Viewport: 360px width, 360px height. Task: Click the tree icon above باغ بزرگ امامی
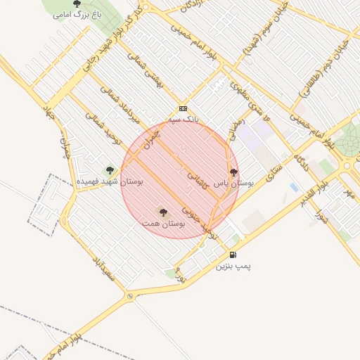pyautogui.click(x=77, y=4)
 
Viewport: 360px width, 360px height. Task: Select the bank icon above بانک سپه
pyautogui.click(x=184, y=109)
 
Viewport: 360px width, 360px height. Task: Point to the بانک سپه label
pyautogui.click(x=184, y=120)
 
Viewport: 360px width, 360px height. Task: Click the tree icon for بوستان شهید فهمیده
pyautogui.click(x=109, y=169)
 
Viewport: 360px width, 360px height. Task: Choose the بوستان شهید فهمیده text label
pyautogui.click(x=109, y=181)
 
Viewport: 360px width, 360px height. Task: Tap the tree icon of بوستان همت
pyautogui.click(x=163, y=212)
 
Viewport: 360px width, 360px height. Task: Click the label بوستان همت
pyautogui.click(x=162, y=223)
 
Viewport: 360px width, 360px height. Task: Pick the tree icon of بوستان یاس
pyautogui.click(x=233, y=172)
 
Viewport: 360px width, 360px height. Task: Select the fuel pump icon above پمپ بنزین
pyautogui.click(x=233, y=255)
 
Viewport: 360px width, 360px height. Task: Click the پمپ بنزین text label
pyautogui.click(x=233, y=266)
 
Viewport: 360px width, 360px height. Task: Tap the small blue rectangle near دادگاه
pyautogui.click(x=294, y=187)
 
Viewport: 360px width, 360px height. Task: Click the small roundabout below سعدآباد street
pyautogui.click(x=130, y=297)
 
